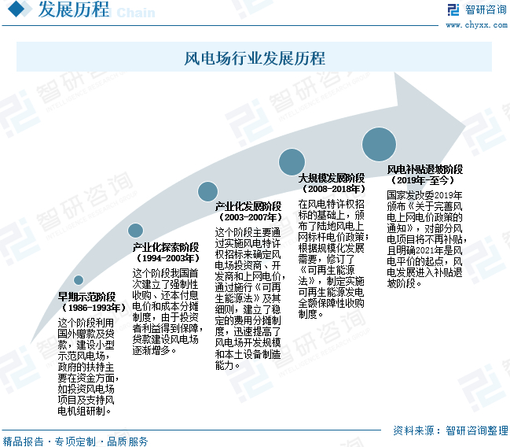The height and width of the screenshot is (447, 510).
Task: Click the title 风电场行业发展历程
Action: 255,59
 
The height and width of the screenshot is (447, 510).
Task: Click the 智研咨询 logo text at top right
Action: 485,9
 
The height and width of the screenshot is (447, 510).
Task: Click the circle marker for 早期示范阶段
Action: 79,280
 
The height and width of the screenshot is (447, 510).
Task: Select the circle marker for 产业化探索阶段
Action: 136,231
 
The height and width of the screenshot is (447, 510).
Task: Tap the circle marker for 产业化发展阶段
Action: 207,190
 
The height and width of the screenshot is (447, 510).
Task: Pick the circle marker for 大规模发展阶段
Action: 293,162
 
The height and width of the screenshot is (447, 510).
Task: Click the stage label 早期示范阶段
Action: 87,297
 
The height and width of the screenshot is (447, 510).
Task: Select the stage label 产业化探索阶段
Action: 166,247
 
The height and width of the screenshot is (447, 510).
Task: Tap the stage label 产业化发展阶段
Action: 248,206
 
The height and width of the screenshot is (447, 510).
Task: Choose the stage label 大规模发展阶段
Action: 332,179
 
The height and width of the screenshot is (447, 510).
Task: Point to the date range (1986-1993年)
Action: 87,308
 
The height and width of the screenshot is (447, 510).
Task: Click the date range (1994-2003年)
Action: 166,258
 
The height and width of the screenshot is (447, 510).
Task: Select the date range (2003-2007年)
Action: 248,216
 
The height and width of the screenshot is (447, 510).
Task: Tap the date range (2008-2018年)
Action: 332,189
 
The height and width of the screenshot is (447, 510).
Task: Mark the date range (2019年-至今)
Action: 424,180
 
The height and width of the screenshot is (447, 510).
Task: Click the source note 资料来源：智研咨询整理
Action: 450,430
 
